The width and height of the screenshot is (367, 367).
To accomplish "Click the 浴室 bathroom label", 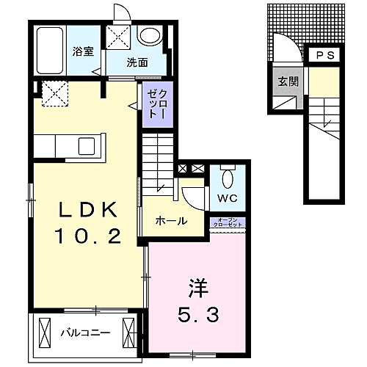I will [82, 52].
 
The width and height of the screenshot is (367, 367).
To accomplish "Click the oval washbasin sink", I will [150, 37].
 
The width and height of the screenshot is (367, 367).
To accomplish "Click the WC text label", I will [228, 199].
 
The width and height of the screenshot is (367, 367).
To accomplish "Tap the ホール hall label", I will [171, 222].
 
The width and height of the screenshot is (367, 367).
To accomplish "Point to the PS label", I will [324, 56].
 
